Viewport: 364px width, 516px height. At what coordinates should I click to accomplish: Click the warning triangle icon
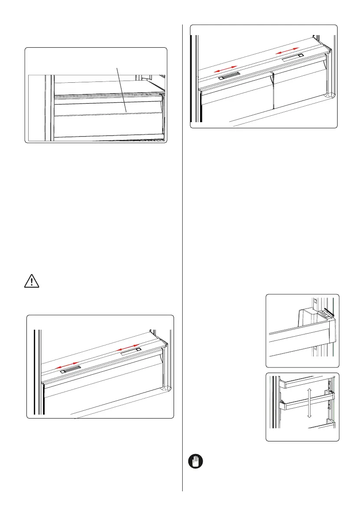[30, 281]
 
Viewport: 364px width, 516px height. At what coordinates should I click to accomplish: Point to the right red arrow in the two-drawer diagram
[288, 49]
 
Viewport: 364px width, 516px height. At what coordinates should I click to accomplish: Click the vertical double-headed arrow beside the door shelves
[308, 403]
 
